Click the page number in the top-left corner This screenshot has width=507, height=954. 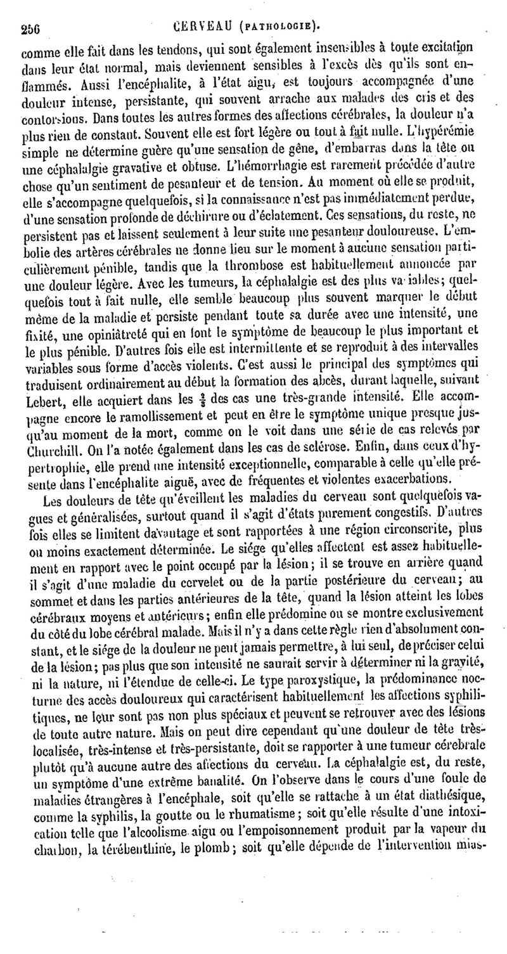30,27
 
